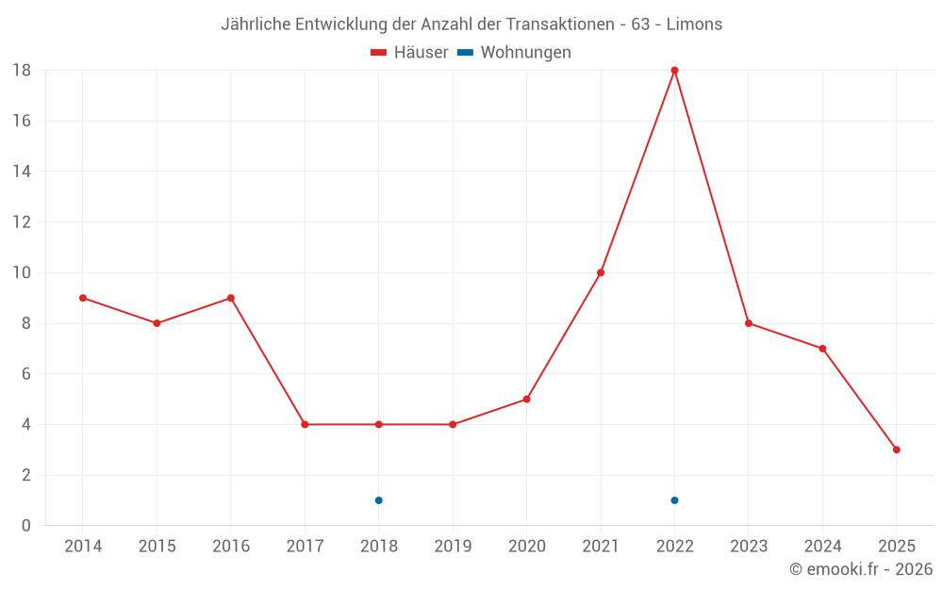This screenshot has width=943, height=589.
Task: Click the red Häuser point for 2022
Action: point(674,70)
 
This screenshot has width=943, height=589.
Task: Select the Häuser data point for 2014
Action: point(83,298)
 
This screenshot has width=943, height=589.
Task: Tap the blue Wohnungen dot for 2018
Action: point(378,500)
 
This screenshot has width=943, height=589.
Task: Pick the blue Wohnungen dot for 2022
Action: point(674,500)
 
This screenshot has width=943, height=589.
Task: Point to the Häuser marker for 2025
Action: point(896,450)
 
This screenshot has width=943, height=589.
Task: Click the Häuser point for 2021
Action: point(601,272)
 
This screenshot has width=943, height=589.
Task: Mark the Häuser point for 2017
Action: point(305,424)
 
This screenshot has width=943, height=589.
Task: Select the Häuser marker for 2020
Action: point(526,399)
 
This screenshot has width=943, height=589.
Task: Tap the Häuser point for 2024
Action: point(822,349)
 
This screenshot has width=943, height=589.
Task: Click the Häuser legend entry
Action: point(409,53)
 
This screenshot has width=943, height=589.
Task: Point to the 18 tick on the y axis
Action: point(22,70)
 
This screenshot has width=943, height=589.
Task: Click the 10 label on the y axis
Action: point(22,272)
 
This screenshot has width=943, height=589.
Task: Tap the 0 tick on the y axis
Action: point(26,526)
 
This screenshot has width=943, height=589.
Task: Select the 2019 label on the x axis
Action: point(453,546)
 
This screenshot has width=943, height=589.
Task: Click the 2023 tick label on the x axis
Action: point(748,546)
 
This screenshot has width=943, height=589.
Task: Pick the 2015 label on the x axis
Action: point(157,546)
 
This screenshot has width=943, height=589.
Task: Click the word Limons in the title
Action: point(694,25)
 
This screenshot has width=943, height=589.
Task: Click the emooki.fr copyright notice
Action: point(860,569)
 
